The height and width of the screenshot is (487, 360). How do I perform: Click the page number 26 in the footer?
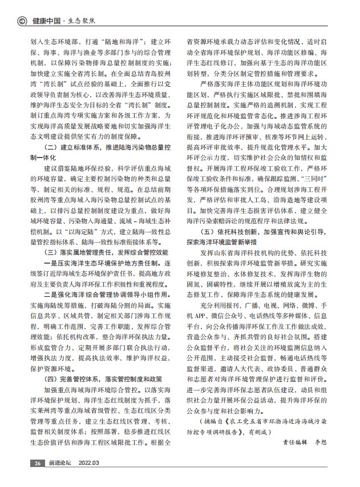point(38,478)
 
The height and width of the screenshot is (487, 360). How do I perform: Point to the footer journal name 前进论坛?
point(60,478)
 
